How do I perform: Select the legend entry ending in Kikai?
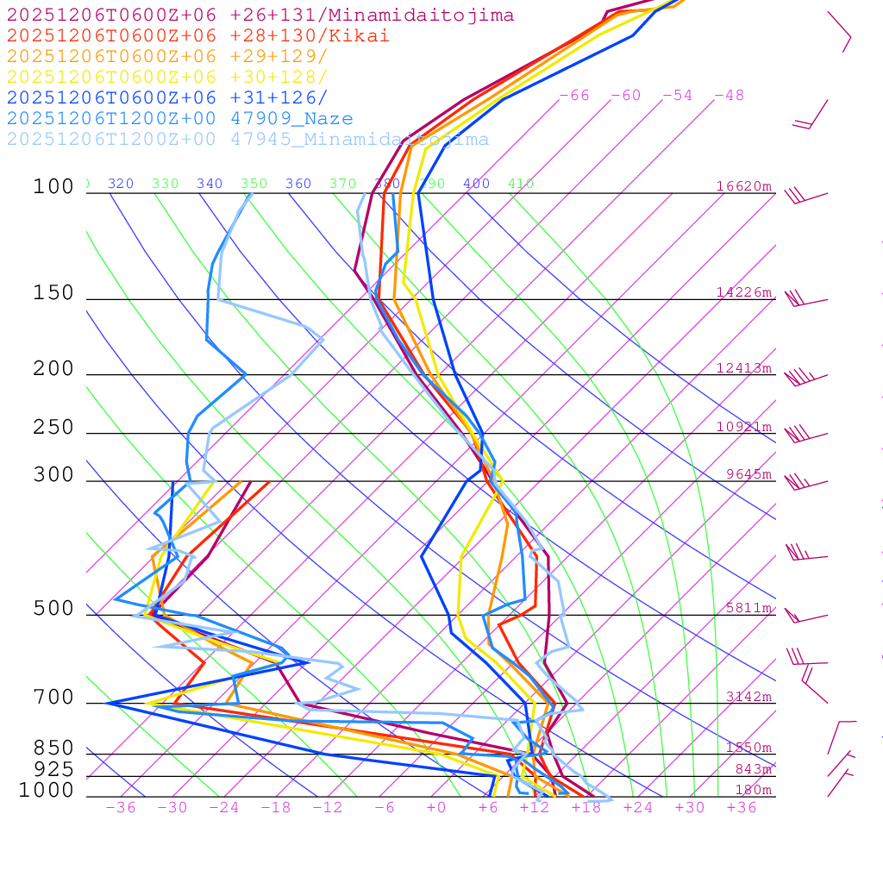(198, 36)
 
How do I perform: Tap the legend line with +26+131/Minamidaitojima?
(260, 16)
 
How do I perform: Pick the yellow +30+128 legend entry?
(167, 78)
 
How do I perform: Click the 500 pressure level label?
(53, 609)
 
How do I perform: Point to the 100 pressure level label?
(53, 187)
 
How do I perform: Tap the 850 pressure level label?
(53, 748)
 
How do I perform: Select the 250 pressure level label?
(53, 428)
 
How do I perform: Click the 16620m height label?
(744, 186)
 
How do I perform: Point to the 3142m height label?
(748, 697)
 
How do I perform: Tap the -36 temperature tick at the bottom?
(121, 807)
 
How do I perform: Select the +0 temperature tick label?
(436, 807)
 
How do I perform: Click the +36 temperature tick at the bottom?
(742, 807)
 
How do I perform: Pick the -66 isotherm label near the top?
(574, 95)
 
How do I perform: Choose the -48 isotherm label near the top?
(730, 95)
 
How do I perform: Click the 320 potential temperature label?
(121, 184)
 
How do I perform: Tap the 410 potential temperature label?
(521, 184)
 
